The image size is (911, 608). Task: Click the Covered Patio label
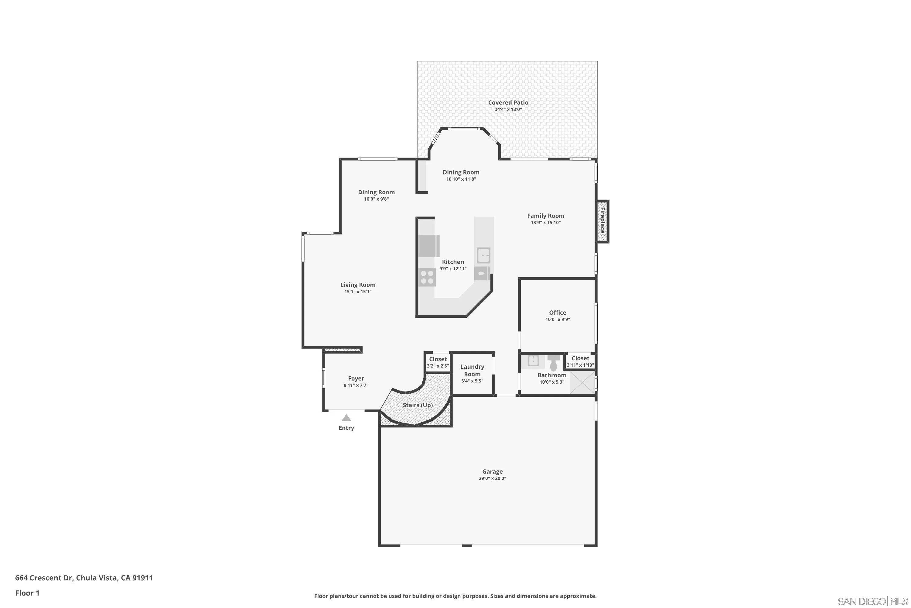508,102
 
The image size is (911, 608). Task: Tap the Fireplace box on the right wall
602,221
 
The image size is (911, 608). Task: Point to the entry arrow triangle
346,418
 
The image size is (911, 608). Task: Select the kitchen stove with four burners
427,277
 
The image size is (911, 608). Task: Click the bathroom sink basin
533,361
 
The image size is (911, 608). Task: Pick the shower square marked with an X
582,382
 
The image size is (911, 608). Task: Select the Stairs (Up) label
418,405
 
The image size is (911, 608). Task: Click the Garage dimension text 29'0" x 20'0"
492,478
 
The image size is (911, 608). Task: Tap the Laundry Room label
472,370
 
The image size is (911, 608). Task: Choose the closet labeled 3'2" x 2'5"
438,362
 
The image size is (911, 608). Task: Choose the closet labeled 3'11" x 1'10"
580,361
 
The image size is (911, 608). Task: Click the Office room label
557,313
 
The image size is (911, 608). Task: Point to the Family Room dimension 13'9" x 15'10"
545,223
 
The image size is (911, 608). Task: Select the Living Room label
357,285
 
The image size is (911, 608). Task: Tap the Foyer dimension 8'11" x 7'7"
356,385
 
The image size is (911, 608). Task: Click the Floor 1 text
27,593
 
